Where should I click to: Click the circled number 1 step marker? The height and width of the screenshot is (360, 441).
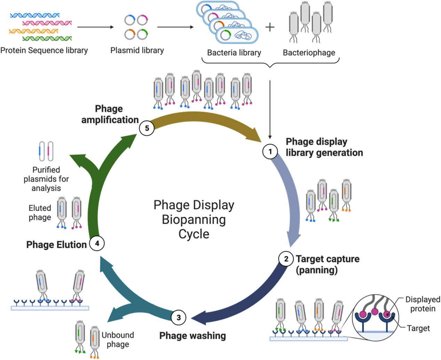pos(270,152)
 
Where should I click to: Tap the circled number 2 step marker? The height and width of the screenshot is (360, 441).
pos(286,259)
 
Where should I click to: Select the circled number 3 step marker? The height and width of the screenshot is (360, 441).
pos(179,317)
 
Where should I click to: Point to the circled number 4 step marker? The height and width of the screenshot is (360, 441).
pos(97,244)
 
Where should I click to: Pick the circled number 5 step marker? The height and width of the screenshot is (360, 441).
pos(147,128)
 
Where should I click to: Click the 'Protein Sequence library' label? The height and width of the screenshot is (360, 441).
pos(44,50)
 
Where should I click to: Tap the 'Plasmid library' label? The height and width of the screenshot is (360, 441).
pos(137,50)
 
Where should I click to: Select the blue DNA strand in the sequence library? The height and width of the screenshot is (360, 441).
pos(35,15)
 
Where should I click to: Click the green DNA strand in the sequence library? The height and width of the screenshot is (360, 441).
pos(47,38)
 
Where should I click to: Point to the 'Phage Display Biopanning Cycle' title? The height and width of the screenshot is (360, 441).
pos(194,219)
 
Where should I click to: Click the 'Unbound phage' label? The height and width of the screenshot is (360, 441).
pos(118,339)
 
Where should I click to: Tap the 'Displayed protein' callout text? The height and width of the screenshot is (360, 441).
pos(423,304)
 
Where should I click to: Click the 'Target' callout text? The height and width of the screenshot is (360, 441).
pos(418,328)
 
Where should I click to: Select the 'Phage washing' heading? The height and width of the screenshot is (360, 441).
pos(192,336)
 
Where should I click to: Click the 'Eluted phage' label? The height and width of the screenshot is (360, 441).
pos(40,213)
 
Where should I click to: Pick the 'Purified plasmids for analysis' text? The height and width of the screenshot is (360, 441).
pos(46,179)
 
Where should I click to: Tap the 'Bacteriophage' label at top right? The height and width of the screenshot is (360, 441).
pos(309,53)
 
